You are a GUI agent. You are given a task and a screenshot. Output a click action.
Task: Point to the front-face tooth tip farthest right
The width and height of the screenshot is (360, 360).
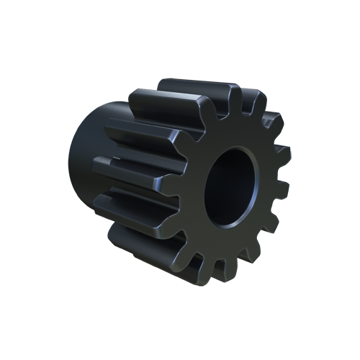287,189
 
